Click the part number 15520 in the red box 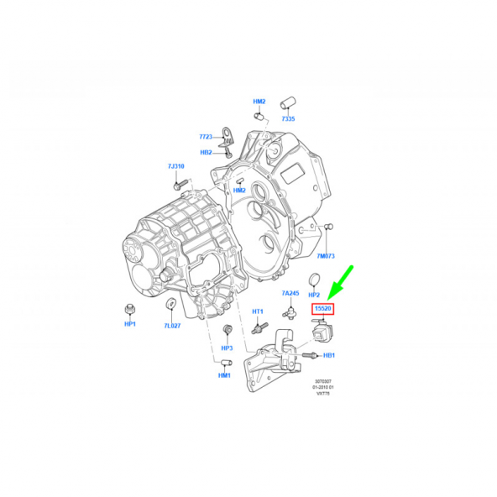pos(322,310)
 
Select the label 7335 pos(288,119)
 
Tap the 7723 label pos(206,136)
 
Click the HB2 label pos(206,153)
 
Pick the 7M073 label pos(325,255)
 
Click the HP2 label pos(314,296)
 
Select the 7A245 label pos(290,293)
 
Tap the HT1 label pos(259,311)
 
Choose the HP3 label pos(227,348)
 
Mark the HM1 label pos(224,375)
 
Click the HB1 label pos(329,355)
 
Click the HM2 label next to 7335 pos(259,102)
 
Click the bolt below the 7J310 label pos(176,183)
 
